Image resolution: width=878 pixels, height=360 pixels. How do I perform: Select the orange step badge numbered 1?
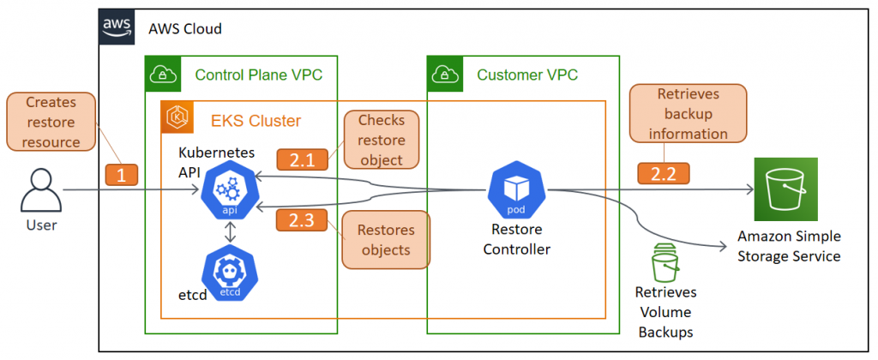click(121, 175)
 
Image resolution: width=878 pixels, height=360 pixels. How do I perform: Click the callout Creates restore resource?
click(51, 122)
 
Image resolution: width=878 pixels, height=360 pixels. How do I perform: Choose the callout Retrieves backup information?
click(688, 113)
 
